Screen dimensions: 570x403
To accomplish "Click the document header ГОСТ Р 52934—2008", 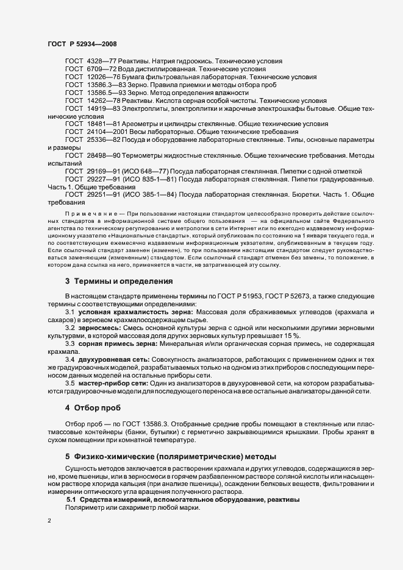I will pyautogui.click(x=82, y=44).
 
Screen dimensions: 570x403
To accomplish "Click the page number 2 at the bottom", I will pyautogui.click(x=49, y=521).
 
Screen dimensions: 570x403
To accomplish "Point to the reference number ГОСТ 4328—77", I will pyautogui.click(x=86, y=62).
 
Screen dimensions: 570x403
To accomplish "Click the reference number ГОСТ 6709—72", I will pyautogui.click(x=86, y=69).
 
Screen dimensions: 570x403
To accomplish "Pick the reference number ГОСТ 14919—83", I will pyautogui.click(x=88, y=108).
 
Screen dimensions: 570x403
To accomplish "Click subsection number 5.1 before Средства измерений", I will pyautogui.click(x=71, y=499).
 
